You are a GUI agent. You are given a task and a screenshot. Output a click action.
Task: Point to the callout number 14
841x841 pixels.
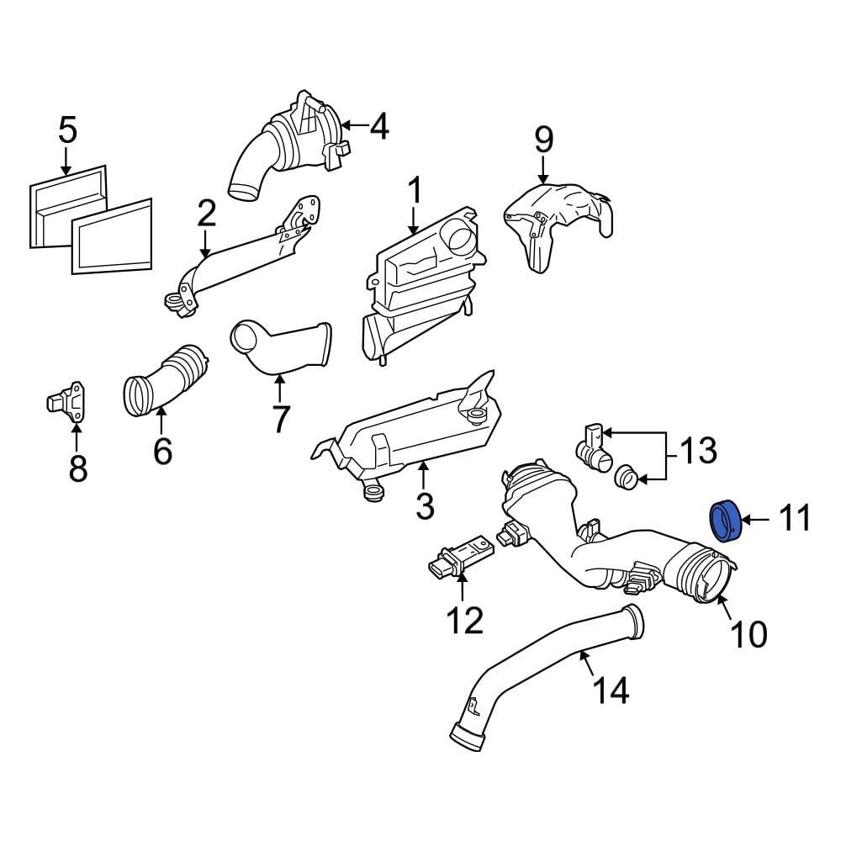click(611, 690)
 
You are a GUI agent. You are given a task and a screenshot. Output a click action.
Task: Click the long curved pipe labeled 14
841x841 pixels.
click(538, 673)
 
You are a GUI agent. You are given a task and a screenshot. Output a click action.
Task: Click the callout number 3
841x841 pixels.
click(425, 505)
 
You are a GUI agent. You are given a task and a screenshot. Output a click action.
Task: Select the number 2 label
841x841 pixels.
click(206, 214)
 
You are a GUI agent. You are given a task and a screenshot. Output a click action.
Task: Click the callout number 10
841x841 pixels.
click(747, 634)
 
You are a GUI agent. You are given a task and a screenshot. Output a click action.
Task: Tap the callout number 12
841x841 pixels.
click(464, 621)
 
